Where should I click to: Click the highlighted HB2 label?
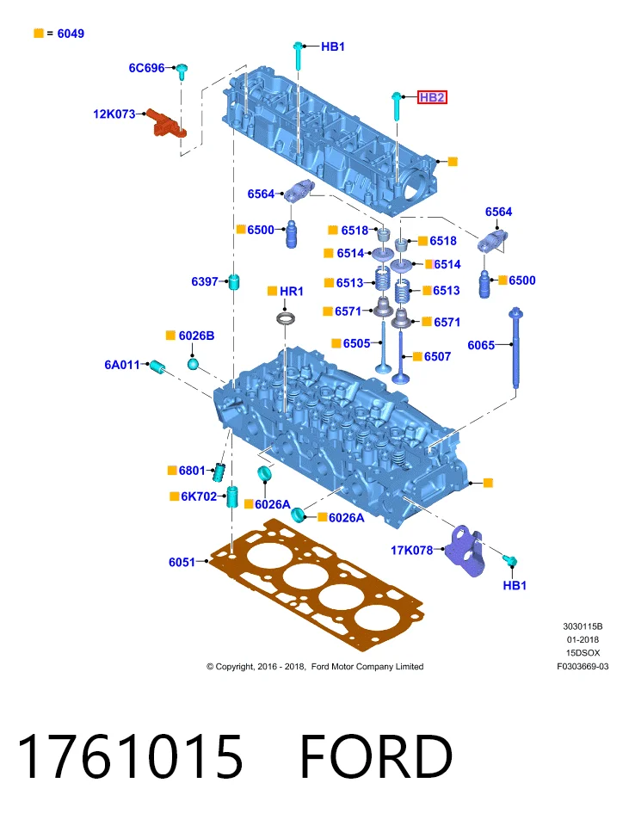pyautogui.click(x=432, y=97)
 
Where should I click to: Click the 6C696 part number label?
pyautogui.click(x=146, y=68)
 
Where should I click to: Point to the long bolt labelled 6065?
pyautogui.click(x=515, y=348)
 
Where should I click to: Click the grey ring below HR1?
pyautogui.click(x=286, y=318)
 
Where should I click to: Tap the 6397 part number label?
pyautogui.click(x=205, y=282)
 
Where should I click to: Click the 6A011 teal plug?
pyautogui.click(x=157, y=367)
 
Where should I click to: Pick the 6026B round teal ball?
pyautogui.click(x=194, y=363)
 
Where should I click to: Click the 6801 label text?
pyautogui.click(x=192, y=471)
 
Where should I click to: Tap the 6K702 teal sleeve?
pyautogui.click(x=232, y=496)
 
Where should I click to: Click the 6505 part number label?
pyautogui.click(x=356, y=343)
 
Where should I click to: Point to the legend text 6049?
pyautogui.click(x=71, y=34)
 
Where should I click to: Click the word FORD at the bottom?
pyautogui.click(x=376, y=757)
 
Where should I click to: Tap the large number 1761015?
pyautogui.click(x=130, y=757)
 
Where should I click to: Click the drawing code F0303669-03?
pyautogui.click(x=583, y=666)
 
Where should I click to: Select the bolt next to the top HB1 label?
pyautogui.click(x=299, y=57)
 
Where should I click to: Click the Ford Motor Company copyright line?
pyautogui.click(x=315, y=666)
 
